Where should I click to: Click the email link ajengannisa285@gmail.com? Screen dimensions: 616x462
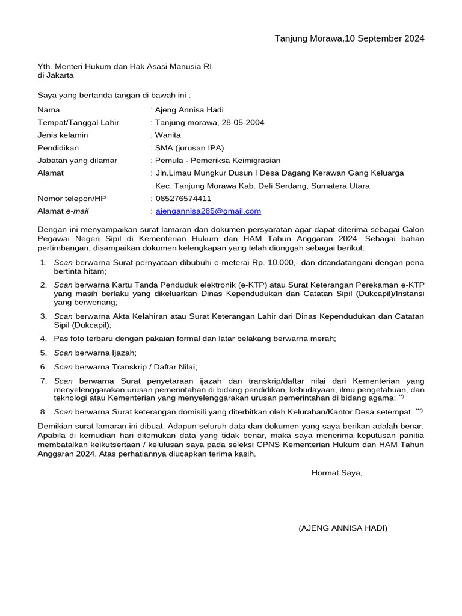click(x=208, y=211)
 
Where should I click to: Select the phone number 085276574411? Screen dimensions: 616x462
click(x=183, y=199)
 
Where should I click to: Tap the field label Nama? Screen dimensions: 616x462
click(x=49, y=110)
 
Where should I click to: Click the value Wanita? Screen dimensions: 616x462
click(x=168, y=135)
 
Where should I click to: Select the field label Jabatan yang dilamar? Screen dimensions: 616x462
click(x=78, y=161)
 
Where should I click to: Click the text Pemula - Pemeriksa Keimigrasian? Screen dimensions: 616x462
click(x=218, y=161)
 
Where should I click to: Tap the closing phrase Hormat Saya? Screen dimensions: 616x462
click(x=337, y=473)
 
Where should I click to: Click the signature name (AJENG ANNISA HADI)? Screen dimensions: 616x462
click(x=343, y=528)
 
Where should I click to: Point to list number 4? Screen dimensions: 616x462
click(x=43, y=339)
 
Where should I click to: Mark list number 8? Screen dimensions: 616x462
click(x=43, y=412)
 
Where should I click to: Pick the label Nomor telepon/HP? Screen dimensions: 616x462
click(x=72, y=199)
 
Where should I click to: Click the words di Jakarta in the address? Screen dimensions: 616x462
click(x=55, y=76)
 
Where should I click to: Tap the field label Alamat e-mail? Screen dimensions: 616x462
click(x=63, y=211)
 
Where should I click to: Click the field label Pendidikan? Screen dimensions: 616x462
click(x=58, y=148)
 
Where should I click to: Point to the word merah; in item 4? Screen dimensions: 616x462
click(x=323, y=339)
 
